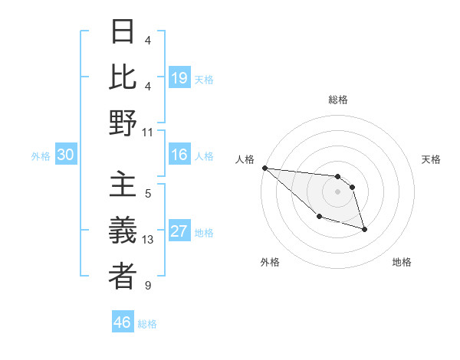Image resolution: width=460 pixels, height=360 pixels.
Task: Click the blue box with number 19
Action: [x=179, y=78]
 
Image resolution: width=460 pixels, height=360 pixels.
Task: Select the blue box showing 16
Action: [x=179, y=155]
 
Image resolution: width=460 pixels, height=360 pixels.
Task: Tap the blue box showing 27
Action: [x=179, y=232]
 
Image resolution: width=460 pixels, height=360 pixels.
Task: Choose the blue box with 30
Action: [x=65, y=155]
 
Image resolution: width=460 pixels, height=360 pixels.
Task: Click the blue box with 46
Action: [x=123, y=322]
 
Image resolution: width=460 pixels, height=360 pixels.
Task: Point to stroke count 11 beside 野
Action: [x=148, y=133]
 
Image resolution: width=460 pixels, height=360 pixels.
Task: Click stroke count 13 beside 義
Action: [x=148, y=240]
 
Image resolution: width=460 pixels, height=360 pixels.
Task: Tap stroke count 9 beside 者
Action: [x=148, y=286]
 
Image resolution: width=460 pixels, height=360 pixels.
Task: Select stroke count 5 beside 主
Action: [x=148, y=194]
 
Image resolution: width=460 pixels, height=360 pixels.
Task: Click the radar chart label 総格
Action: [x=337, y=100]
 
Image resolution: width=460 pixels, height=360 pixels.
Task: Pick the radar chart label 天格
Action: [x=431, y=159]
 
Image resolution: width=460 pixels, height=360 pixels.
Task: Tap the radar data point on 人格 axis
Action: [x=264, y=168]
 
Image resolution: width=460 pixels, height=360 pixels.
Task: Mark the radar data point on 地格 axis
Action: [x=364, y=229]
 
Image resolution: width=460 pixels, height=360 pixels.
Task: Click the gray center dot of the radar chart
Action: [x=337, y=191]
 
